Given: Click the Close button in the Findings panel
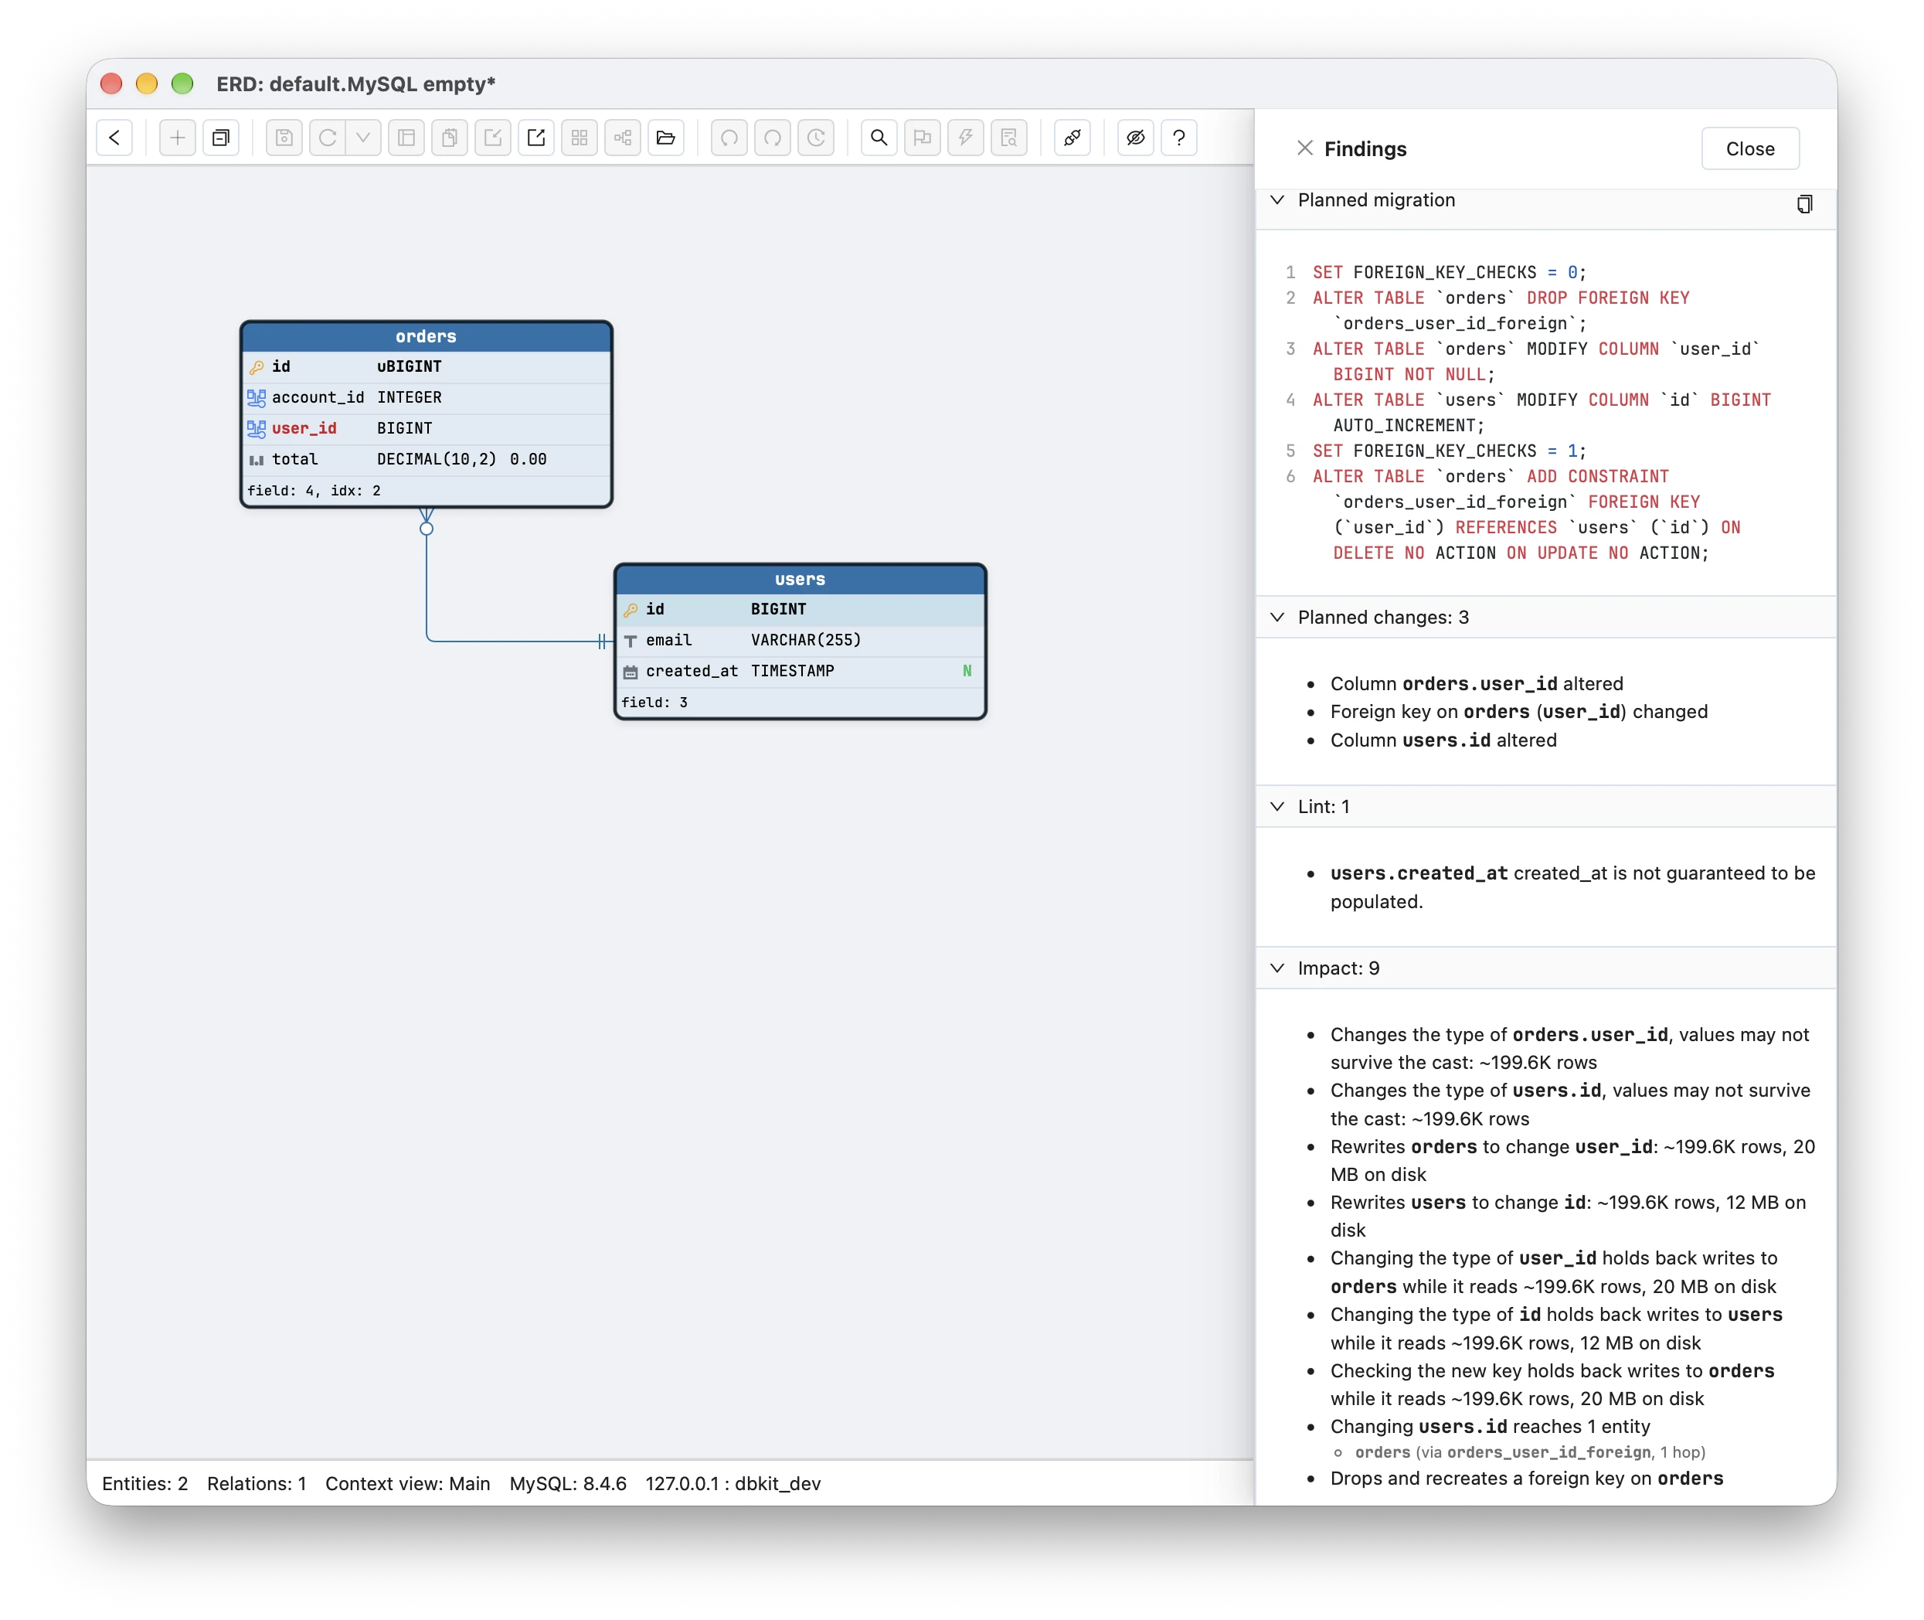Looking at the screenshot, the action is (x=1749, y=148).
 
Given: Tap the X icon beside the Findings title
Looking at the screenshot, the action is (x=1304, y=148).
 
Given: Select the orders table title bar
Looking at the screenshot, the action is (x=426, y=336).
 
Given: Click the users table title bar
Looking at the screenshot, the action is (x=800, y=579).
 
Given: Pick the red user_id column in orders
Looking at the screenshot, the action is (x=304, y=428).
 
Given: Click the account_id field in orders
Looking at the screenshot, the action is (x=318, y=396).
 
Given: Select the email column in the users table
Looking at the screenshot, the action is (x=668, y=640).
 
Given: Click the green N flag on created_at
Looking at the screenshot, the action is (x=966, y=670).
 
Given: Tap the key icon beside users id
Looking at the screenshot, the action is (x=630, y=610).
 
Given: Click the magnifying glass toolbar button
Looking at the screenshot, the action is (x=879, y=138).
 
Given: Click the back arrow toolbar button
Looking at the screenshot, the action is (x=114, y=138).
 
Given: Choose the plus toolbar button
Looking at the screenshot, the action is (x=177, y=138).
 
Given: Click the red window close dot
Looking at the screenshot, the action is (x=111, y=83).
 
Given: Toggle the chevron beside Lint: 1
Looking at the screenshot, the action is (x=1276, y=806).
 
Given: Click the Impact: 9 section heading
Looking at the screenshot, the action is (x=1338, y=968).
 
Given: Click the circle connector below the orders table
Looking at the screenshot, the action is (x=426, y=528).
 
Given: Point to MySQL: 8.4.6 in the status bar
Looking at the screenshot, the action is (x=567, y=1483).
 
